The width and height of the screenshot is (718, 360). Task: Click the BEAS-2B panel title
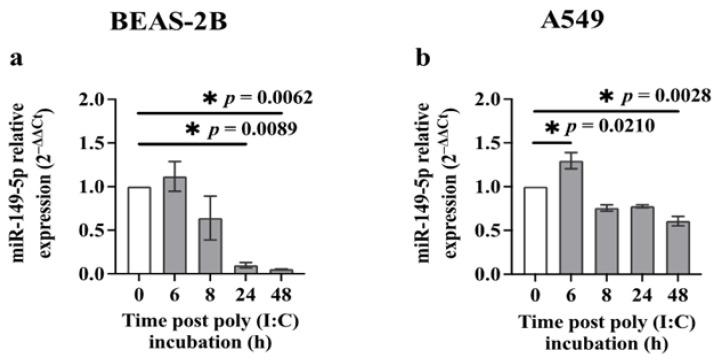174,23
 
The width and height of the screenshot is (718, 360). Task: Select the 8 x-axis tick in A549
606,292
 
